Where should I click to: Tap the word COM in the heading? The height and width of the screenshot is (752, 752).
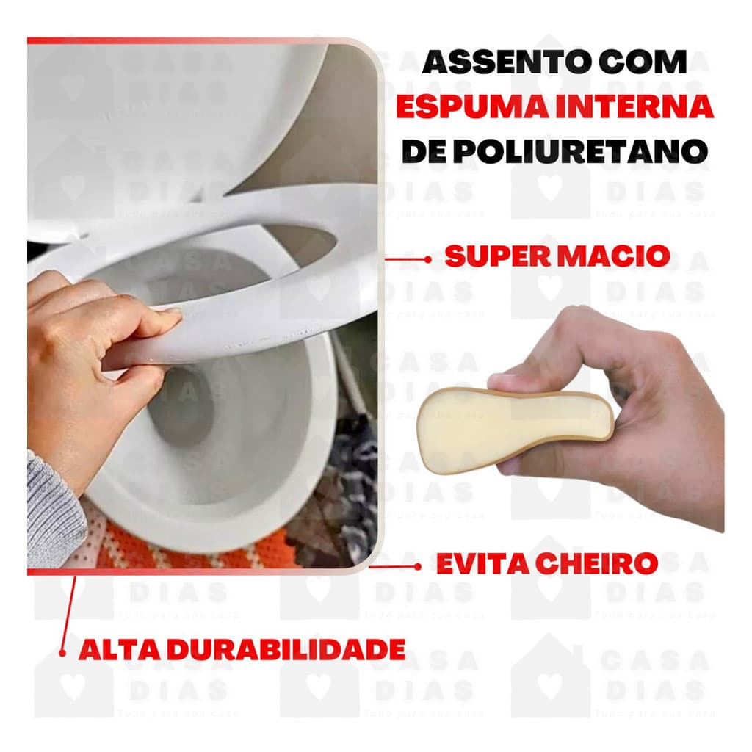646,63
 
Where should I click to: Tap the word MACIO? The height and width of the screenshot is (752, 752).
617,256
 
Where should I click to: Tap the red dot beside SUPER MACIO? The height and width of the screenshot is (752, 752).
428,258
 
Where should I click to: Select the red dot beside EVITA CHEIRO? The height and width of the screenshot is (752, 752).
418,566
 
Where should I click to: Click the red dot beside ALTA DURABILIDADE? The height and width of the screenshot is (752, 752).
64,651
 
